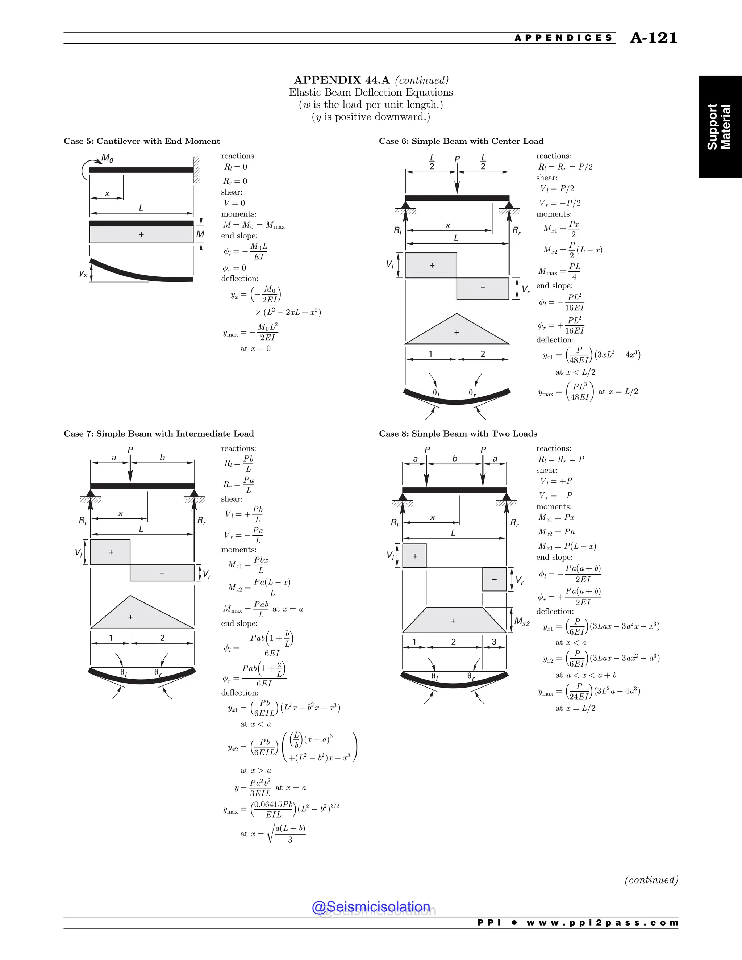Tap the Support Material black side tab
click(719, 126)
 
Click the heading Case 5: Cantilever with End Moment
click(142, 141)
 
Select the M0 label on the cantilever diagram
click(107, 158)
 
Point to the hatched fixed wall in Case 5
click(196, 170)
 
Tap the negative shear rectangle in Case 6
click(483, 288)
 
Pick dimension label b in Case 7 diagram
click(162, 458)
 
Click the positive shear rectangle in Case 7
click(111, 552)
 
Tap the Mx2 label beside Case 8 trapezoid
click(522, 622)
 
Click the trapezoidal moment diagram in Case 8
click(454, 621)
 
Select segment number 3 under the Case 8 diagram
click(494, 642)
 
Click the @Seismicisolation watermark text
click(371, 906)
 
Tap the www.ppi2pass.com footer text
click(602, 923)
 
